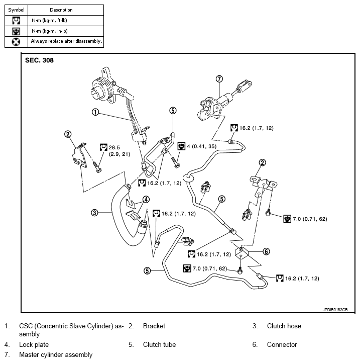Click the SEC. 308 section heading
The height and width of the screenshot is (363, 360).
tap(39, 60)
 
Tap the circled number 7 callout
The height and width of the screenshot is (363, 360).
tap(219, 79)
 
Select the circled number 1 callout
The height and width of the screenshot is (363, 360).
tap(95, 112)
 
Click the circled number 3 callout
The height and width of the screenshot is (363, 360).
tap(94, 213)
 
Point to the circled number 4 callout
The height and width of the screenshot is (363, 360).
tap(146, 199)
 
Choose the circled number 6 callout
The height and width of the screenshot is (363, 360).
tap(266, 251)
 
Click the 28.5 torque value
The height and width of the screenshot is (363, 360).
tap(114, 147)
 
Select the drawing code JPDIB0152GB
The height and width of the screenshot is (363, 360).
tap(335, 310)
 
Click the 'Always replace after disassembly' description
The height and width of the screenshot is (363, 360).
tap(67, 41)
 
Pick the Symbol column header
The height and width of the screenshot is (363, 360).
tap(16, 10)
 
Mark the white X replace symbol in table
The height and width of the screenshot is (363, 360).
tap(16, 42)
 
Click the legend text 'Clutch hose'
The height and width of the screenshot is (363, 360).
tap(284, 326)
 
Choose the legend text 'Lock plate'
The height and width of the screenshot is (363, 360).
tap(34, 344)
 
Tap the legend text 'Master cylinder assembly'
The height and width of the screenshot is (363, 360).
tap(56, 354)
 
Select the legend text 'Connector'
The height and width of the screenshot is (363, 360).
tap(282, 344)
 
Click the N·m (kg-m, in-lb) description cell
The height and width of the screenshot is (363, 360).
tap(50, 31)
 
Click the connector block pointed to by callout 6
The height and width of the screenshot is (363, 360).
tap(242, 253)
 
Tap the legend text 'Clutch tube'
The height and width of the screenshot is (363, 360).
tap(159, 344)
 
